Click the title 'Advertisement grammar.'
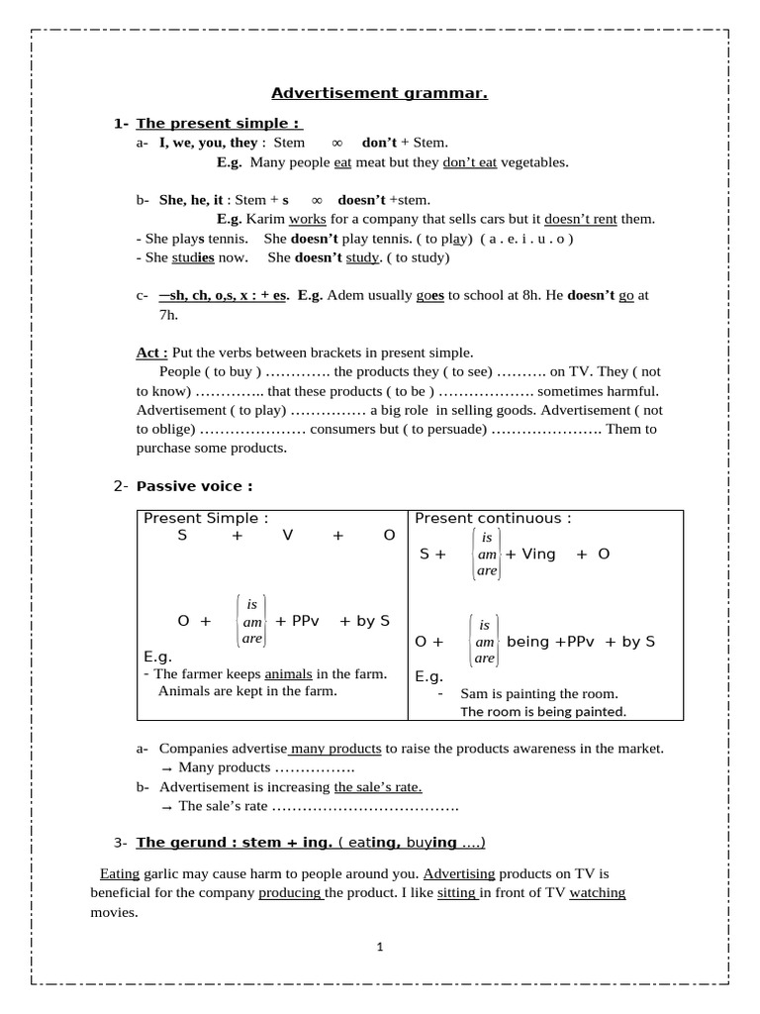point(380,94)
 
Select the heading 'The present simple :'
point(218,123)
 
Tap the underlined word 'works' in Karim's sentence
point(307,219)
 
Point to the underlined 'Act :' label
point(151,353)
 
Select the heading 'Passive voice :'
point(194,485)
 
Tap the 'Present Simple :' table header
point(206,518)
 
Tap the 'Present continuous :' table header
point(492,518)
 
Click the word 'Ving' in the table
point(538,554)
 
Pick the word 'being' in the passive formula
point(526,641)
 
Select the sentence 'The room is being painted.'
point(543,711)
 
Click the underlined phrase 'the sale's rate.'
point(378,786)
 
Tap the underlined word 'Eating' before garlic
point(120,874)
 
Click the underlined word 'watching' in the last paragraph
point(598,893)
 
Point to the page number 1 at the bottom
point(379,948)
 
